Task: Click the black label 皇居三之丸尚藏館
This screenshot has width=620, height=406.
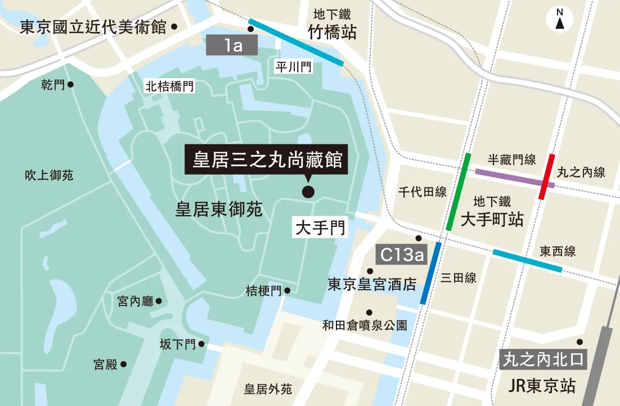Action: (x=267, y=161)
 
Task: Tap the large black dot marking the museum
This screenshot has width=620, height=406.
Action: (x=308, y=192)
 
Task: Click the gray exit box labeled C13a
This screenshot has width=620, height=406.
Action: (x=401, y=254)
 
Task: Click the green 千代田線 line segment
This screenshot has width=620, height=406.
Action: (x=459, y=191)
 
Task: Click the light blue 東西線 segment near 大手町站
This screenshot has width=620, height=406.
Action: (x=527, y=261)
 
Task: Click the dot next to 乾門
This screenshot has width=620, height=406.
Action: (x=71, y=85)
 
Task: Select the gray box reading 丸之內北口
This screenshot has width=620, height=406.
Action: (x=543, y=359)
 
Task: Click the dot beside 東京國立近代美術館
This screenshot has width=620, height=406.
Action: (x=174, y=26)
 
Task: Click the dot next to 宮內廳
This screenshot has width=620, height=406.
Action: (x=159, y=301)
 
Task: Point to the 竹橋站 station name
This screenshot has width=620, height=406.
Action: (x=332, y=33)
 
